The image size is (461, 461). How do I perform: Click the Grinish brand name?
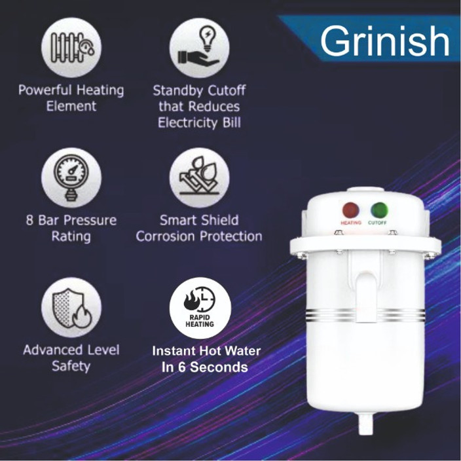click(x=384, y=42)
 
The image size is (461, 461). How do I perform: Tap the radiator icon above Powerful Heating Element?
click(x=71, y=47)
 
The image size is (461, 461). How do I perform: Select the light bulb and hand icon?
click(x=199, y=47)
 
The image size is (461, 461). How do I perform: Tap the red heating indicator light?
click(x=351, y=210)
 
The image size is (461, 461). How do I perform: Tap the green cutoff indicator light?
click(x=378, y=210)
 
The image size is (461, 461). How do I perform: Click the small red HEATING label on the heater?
click(x=351, y=223)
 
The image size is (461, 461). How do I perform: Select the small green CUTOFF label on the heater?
click(x=378, y=223)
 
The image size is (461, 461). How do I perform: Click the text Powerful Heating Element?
click(x=71, y=98)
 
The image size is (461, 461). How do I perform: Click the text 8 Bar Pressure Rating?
click(x=71, y=228)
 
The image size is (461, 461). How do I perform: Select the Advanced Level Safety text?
click(x=71, y=358)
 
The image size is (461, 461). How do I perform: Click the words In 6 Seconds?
click(x=204, y=367)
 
